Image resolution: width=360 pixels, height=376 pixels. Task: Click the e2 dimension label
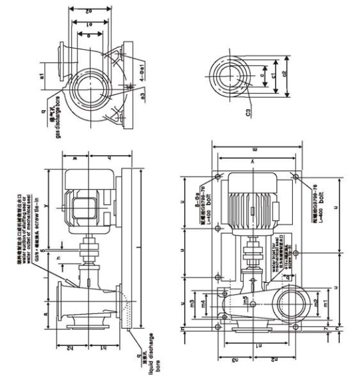[x=89, y=11]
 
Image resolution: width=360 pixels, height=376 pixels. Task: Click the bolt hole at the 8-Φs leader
[x=218, y=178]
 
